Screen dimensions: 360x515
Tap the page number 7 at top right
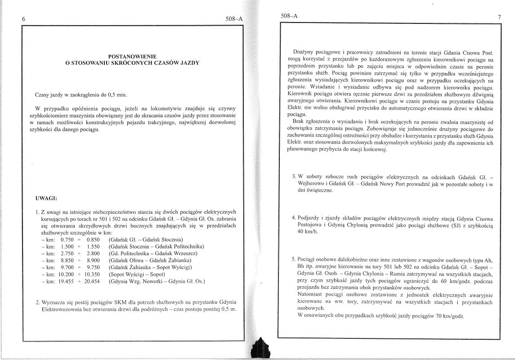point(499,17)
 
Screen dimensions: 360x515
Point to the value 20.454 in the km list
point(93,282)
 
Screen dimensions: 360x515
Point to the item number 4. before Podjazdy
point(294,218)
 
